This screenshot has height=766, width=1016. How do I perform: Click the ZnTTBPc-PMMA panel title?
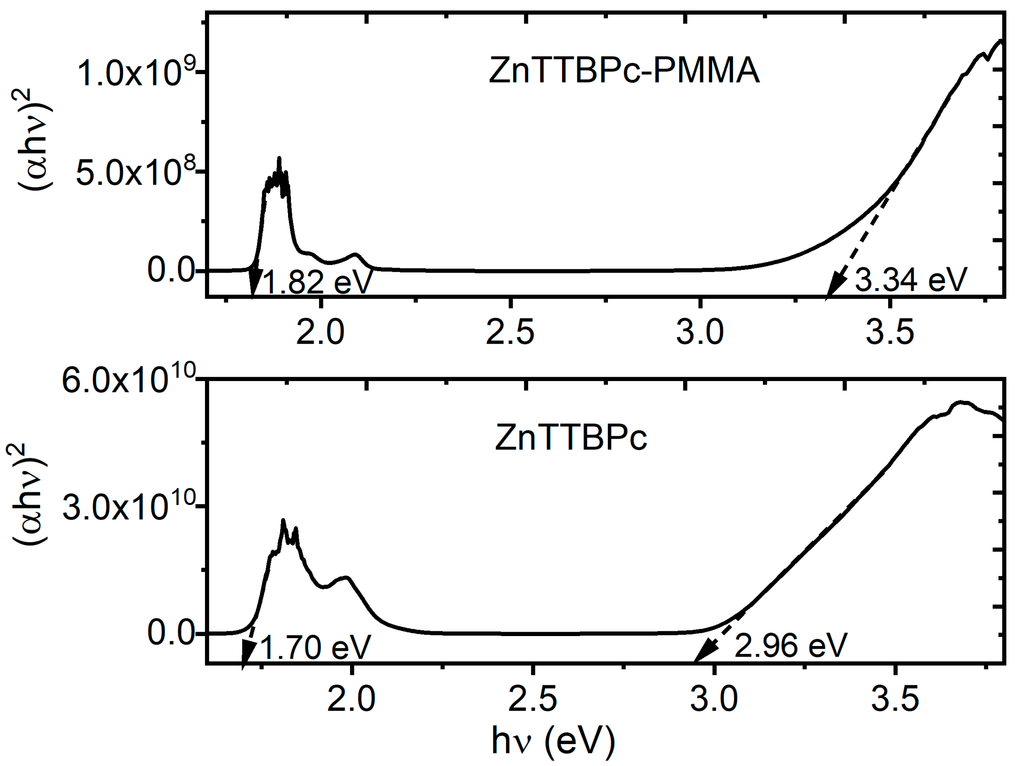(x=624, y=71)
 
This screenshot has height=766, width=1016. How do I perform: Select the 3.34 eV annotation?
(x=911, y=280)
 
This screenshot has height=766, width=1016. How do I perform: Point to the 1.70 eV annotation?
(x=315, y=648)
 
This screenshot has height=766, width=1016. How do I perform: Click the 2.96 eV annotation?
(x=790, y=646)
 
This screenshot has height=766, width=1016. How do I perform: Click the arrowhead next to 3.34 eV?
(x=835, y=286)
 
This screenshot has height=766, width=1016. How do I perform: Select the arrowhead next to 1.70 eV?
(x=248, y=652)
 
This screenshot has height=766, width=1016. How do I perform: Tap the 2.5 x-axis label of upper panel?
(x=510, y=333)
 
